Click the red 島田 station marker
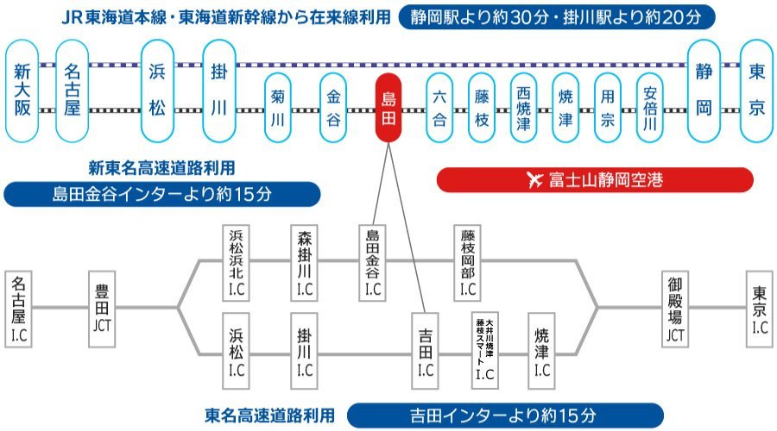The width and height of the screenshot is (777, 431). coord(388,108)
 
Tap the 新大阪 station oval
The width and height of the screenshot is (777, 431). coord(22,91)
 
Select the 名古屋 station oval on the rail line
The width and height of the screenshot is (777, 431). coord(72,91)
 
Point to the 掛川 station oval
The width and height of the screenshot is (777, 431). coord(219,91)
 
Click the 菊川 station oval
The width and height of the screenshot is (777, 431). coord(277,108)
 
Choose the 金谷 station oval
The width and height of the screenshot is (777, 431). coord(333,108)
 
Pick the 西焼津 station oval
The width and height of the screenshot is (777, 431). coord(523,108)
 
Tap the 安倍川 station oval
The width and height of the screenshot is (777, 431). coord(649,108)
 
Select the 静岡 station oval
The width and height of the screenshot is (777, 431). coord(704,91)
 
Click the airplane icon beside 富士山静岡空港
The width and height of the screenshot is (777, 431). coord(535,179)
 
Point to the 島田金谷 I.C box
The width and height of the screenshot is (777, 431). coord(373,263)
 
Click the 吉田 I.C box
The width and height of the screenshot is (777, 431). coord(425,350)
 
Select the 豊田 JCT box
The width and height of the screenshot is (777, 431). coord(102,309)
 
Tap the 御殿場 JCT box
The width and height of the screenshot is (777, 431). coord(675,309)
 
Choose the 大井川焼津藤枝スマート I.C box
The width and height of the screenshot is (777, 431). coord(484,350)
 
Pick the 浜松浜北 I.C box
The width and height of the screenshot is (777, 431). coord(236,263)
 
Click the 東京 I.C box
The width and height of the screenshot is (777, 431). coord(760,309)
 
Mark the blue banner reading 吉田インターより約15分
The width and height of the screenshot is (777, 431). coord(505,415)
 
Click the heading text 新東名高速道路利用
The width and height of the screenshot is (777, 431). coord(161,168)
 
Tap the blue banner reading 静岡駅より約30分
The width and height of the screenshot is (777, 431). coord(557,17)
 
